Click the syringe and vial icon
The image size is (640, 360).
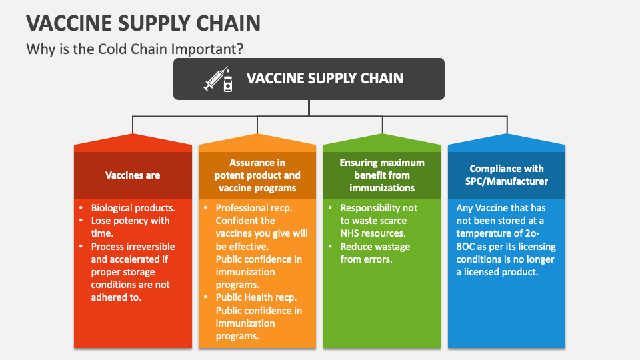click(219, 79)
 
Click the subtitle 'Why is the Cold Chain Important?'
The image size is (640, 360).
click(135, 49)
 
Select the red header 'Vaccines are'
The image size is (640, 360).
click(133, 175)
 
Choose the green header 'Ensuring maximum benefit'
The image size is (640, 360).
click(382, 175)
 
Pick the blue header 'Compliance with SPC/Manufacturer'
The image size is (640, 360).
click(507, 175)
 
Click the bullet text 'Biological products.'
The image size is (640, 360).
click(133, 208)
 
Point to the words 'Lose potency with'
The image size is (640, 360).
click(130, 221)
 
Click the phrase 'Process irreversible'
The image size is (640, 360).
click(133, 247)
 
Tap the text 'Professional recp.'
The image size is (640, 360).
click(254, 208)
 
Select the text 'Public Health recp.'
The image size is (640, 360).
click(256, 297)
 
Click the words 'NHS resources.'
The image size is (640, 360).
click(373, 233)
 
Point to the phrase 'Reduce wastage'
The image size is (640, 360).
click(375, 247)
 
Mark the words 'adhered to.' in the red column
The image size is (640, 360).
click(116, 297)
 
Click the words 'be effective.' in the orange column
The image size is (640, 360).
click(242, 247)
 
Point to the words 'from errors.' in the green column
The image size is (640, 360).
click(366, 259)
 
